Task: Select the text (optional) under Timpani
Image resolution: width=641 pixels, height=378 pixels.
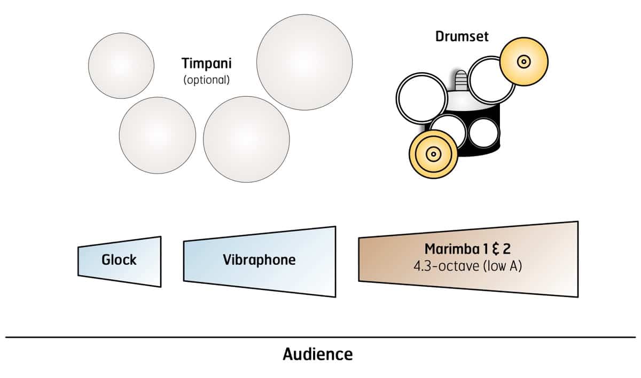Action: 207,80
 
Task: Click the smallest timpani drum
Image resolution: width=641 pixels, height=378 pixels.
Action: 121,66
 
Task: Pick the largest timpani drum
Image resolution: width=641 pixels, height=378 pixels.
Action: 304,62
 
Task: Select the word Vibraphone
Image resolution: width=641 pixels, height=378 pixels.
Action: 259,260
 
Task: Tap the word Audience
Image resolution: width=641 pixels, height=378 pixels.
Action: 317,354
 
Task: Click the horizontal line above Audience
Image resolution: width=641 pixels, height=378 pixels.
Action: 320,337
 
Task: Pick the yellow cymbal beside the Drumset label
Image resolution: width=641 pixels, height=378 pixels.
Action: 524,61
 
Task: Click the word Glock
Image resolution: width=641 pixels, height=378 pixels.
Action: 119,260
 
